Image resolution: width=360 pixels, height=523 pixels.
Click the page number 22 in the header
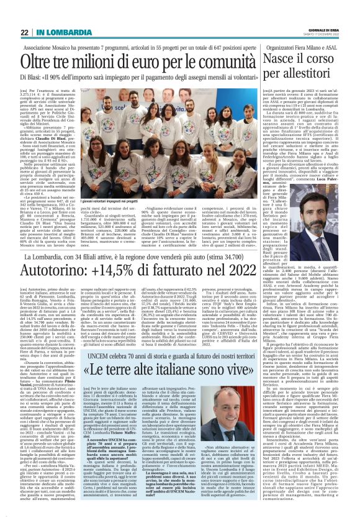pos(24,32)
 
